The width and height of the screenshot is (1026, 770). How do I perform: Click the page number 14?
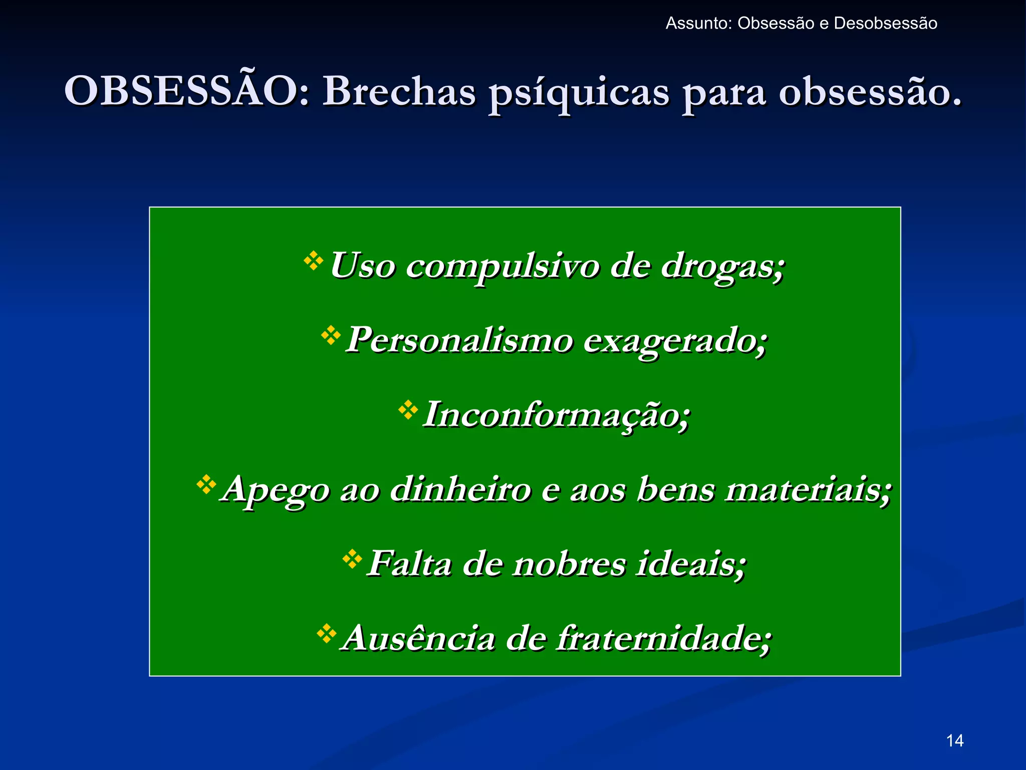pyautogui.click(x=955, y=740)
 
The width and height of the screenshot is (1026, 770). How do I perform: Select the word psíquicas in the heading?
pyautogui.click(x=579, y=93)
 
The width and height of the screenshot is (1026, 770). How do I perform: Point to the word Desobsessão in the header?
pyautogui.click(x=885, y=24)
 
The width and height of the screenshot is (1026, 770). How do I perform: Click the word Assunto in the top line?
pyautogui.click(x=698, y=24)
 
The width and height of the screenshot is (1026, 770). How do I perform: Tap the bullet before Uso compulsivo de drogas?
pyautogui.click(x=314, y=261)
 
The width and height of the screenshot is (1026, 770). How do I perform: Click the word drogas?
pyautogui.click(x=721, y=266)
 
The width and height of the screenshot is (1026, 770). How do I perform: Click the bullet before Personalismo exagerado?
pyautogui.click(x=331, y=335)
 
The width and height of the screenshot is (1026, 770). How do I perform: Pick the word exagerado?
pyautogui.click(x=675, y=341)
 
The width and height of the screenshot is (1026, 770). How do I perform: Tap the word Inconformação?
pyautogui.click(x=556, y=416)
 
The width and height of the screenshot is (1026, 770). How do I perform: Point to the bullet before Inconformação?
pyautogui.click(x=408, y=410)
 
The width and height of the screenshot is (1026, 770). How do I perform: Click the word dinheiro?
pyautogui.click(x=460, y=489)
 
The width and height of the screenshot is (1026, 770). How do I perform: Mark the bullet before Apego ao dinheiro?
pyautogui.click(x=206, y=484)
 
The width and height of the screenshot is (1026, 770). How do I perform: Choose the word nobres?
pyautogui.click(x=569, y=564)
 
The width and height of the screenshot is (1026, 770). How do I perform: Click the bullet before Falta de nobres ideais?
pyautogui.click(x=352, y=558)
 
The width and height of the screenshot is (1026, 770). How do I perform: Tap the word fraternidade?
pyautogui.click(x=663, y=638)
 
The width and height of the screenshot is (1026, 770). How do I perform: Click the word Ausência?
pyautogui.click(x=418, y=638)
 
